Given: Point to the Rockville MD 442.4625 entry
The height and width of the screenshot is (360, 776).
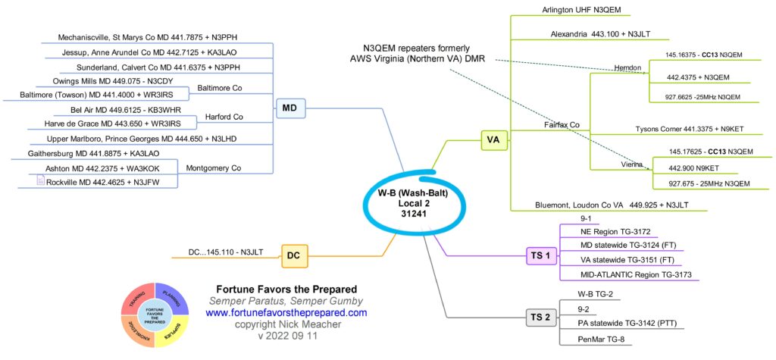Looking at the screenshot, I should [111, 182].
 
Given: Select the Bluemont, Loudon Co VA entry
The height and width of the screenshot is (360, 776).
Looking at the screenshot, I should [599, 204].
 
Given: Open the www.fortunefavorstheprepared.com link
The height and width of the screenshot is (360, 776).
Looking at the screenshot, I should [286, 312].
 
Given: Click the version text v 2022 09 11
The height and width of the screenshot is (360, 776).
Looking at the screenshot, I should [286, 336].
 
